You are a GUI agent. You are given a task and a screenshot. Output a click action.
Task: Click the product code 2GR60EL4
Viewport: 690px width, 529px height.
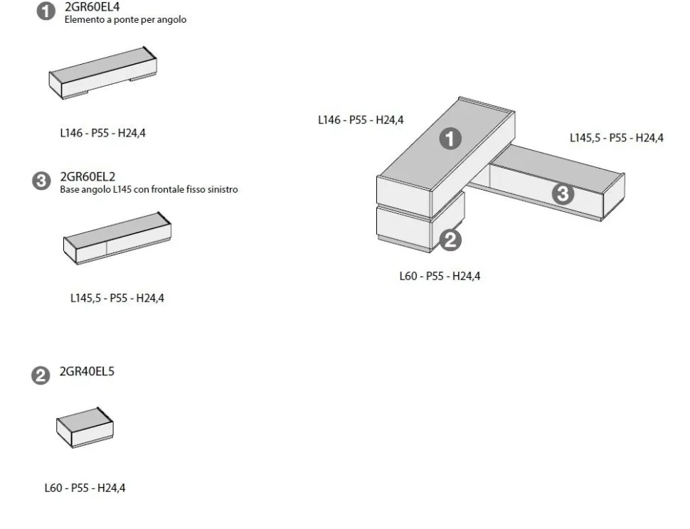[x=92, y=6]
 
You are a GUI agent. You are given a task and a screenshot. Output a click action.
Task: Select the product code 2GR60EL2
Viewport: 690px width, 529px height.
[x=87, y=177]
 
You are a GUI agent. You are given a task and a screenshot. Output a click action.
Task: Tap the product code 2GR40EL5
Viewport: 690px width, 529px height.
[x=87, y=372]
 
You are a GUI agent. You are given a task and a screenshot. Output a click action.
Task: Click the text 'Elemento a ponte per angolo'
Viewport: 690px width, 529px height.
[x=125, y=20]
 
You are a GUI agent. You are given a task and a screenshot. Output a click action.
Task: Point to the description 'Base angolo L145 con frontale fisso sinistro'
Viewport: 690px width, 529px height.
[x=149, y=190]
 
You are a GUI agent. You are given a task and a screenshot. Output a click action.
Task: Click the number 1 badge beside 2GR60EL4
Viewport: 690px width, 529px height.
[x=46, y=11]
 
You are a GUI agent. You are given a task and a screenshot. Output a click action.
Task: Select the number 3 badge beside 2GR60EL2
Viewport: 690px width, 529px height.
[x=41, y=181]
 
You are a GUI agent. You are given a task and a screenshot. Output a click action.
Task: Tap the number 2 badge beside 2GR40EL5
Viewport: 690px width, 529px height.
[x=41, y=375]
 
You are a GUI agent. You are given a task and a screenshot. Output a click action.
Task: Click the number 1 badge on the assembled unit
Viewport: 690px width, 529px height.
[x=450, y=139]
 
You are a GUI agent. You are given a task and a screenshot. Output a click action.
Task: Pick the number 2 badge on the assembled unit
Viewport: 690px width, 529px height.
[x=450, y=240]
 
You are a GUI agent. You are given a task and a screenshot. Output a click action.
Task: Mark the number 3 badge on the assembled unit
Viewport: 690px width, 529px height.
[x=563, y=194]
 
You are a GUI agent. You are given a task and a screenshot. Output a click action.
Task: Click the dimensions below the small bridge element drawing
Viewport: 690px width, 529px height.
[x=102, y=133]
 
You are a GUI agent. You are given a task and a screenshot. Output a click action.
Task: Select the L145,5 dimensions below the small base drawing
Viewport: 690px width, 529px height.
[x=117, y=298]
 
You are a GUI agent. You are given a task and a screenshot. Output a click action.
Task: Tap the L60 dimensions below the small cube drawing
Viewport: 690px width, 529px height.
[x=85, y=488]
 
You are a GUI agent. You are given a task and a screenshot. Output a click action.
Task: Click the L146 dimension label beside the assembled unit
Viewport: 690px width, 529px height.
[x=361, y=119]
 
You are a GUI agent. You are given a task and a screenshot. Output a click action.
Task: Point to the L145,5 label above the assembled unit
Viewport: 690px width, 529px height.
[x=617, y=138]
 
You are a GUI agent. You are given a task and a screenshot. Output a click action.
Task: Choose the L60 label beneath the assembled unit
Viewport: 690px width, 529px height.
[x=440, y=276]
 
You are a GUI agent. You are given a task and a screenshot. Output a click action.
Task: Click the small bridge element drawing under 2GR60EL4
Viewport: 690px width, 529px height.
[x=102, y=73]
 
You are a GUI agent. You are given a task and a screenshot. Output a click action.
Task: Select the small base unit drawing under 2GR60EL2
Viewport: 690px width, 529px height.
[x=117, y=238]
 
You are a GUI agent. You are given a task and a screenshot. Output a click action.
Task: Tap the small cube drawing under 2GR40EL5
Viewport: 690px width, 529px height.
[x=85, y=427]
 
